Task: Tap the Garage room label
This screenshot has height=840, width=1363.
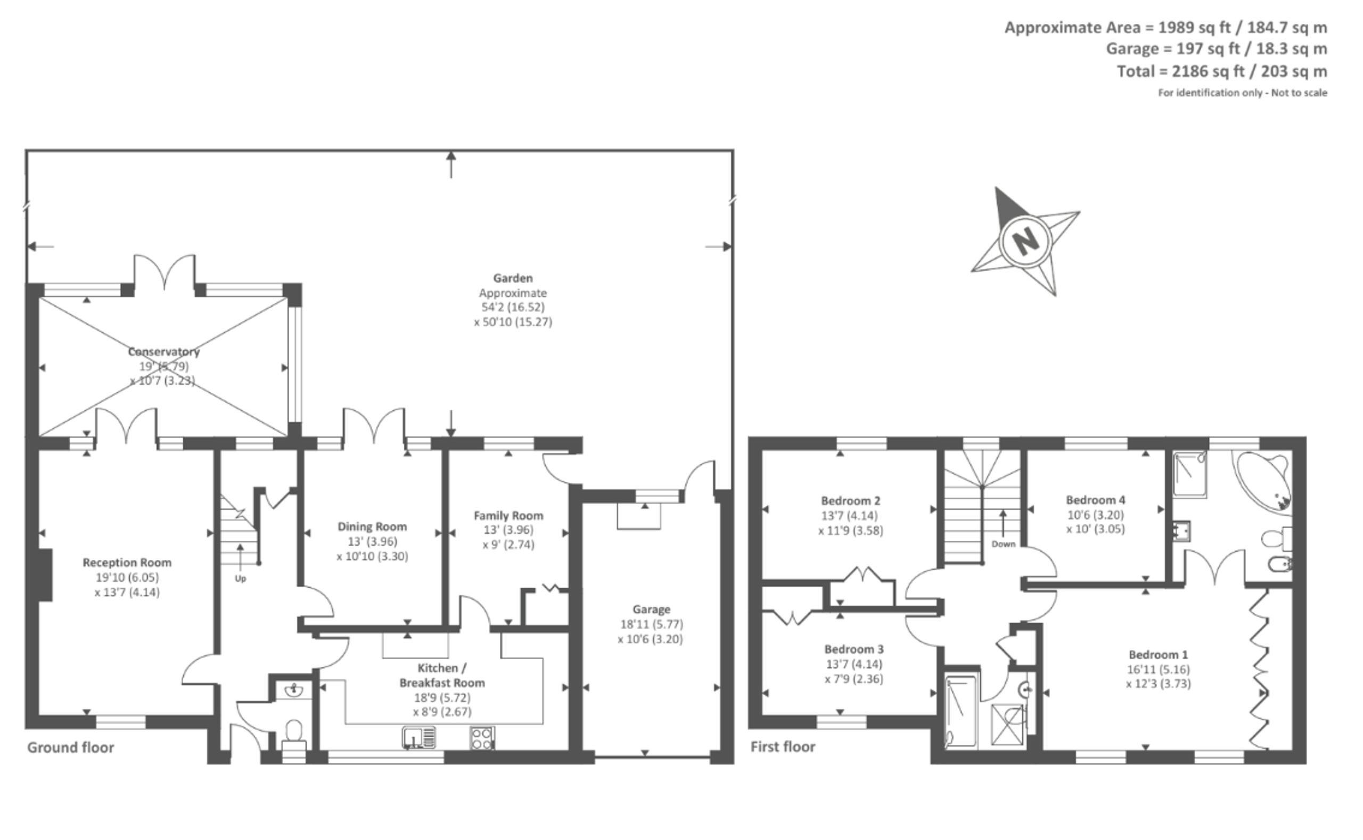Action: click(651, 610)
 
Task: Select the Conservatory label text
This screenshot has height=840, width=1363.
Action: click(164, 352)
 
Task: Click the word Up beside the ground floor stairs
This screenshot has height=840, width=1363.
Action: click(240, 578)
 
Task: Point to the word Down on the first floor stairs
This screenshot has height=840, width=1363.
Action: click(1004, 544)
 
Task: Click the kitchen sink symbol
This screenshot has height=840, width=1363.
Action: click(419, 738)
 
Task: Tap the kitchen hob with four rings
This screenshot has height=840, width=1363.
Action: click(482, 738)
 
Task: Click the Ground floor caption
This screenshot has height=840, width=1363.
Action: click(71, 748)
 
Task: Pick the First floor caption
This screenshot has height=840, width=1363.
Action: click(783, 747)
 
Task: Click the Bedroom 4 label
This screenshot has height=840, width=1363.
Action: click(1096, 500)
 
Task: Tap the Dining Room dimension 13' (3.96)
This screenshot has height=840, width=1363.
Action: click(372, 541)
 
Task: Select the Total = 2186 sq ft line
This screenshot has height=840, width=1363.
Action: click(1222, 71)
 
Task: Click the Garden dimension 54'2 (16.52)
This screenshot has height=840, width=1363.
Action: click(513, 307)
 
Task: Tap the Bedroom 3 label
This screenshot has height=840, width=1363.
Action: click(854, 649)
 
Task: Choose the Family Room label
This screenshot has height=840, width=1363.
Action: click(508, 516)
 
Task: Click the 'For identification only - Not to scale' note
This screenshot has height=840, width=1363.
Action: click(1243, 93)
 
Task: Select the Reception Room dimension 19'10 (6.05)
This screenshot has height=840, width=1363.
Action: click(127, 577)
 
